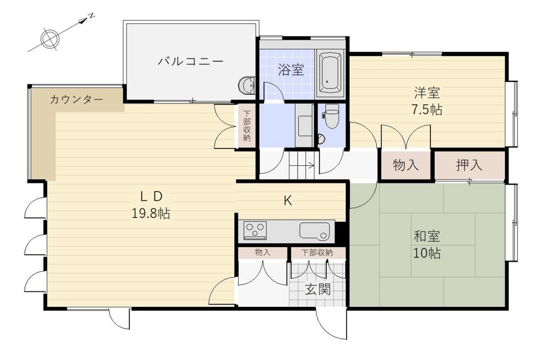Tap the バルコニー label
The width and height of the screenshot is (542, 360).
tap(190, 61)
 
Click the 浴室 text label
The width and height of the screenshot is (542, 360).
tap(291, 69)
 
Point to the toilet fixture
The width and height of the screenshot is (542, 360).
tap(331, 118)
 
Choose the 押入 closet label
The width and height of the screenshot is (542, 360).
tap(469, 165)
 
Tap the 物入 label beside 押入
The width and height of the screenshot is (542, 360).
tap(405, 165)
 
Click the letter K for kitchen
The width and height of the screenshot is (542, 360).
tap(288, 201)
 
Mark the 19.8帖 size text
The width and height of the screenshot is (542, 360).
tap(151, 214)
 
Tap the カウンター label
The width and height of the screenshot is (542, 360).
tap(76, 100)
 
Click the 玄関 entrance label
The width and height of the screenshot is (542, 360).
tap(317, 289)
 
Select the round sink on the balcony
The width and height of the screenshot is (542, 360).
tap(247, 86)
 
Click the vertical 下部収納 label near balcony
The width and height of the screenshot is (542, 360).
tap(247, 126)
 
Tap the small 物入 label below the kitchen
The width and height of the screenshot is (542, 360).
tap(262, 253)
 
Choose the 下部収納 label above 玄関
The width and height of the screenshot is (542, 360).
tap(317, 253)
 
